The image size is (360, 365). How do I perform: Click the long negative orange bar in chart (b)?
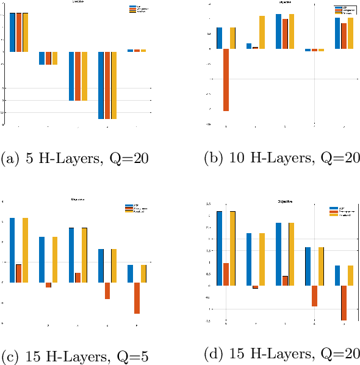click(226, 79)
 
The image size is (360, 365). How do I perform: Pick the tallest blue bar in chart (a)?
click(12, 32)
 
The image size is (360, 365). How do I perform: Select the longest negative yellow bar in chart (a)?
click(113, 85)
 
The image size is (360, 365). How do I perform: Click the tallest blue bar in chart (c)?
click(12, 250)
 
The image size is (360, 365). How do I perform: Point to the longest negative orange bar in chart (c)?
click(137, 298)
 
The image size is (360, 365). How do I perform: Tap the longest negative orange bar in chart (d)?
click(344, 303)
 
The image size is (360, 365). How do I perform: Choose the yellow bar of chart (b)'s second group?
click(262, 32)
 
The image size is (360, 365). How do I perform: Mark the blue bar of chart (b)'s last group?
click(337, 34)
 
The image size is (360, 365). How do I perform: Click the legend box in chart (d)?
click(341, 211)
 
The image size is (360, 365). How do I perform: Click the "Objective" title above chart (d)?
click(285, 201)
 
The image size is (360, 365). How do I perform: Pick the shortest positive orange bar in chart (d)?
click(285, 281)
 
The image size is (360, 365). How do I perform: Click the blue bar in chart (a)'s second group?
click(42, 58)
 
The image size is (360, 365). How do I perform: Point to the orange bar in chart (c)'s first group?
click(19, 273)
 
